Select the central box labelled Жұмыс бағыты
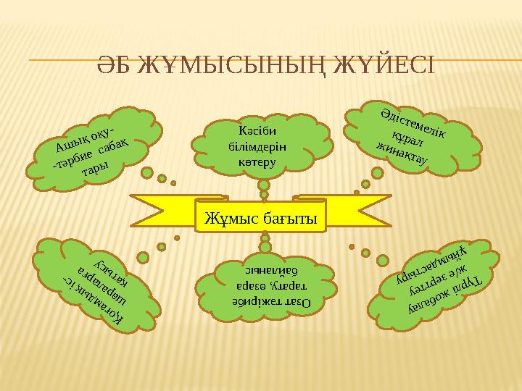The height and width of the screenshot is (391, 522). click(261, 216)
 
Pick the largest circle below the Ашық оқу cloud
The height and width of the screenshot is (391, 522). click(147, 174)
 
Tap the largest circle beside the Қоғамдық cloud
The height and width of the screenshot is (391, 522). click(143, 256)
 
